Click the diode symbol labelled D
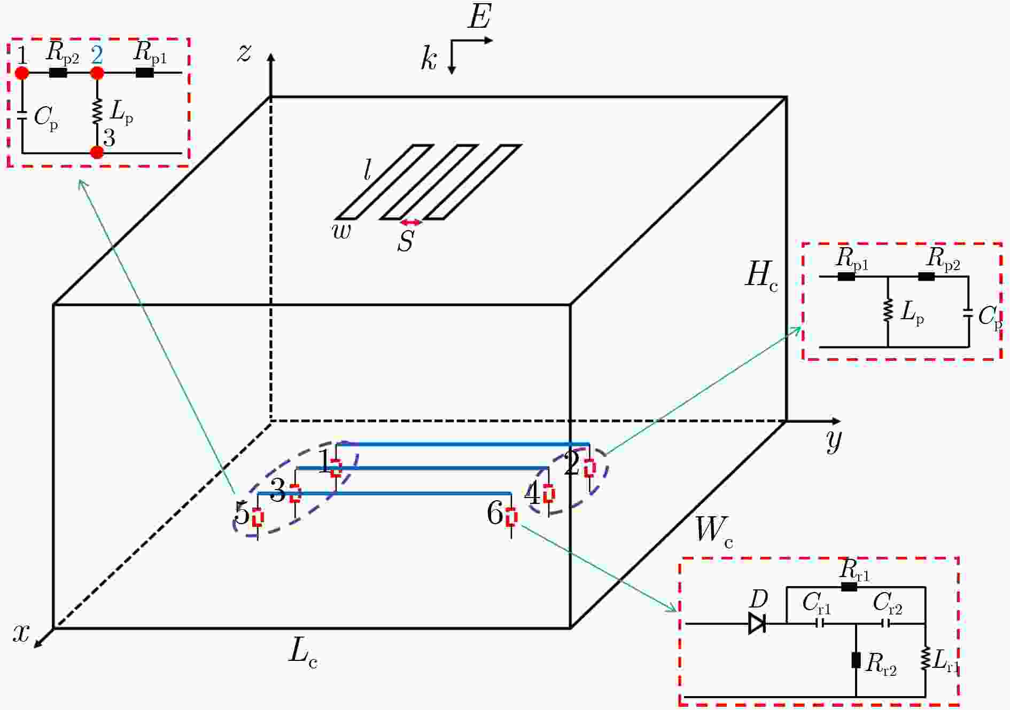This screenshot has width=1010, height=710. (x=757, y=623)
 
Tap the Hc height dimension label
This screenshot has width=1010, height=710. (x=762, y=276)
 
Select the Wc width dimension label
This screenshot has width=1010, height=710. (x=714, y=532)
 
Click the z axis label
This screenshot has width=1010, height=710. (x=244, y=53)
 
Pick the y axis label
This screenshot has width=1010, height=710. (x=834, y=440)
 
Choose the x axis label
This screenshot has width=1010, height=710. (x=21, y=633)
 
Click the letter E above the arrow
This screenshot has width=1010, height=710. (x=479, y=17)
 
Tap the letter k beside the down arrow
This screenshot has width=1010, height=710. (x=429, y=58)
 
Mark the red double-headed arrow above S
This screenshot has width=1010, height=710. (x=411, y=223)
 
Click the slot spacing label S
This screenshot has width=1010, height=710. (x=406, y=241)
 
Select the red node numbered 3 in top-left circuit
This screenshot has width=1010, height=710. (x=97, y=152)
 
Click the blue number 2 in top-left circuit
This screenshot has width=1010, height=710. (x=97, y=55)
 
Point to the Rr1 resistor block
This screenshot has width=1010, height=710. (x=849, y=587)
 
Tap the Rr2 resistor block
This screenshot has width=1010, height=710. (x=856, y=660)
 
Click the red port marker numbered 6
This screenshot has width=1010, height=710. (x=511, y=517)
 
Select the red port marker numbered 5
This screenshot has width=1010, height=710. (x=258, y=518)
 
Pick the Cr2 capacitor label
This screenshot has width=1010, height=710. (x=888, y=604)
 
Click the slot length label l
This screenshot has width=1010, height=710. (x=368, y=171)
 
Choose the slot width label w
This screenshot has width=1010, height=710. (x=342, y=231)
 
